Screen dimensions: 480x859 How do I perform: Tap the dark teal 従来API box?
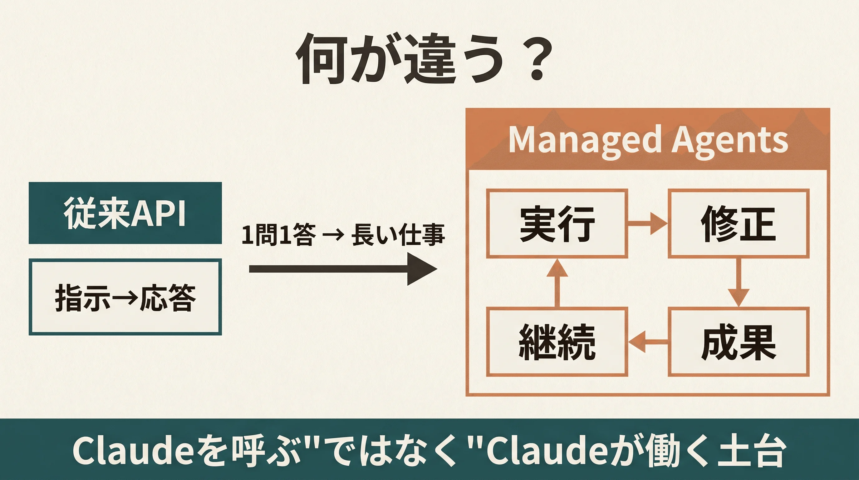coord(125,212)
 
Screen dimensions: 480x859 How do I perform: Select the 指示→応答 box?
coord(125,297)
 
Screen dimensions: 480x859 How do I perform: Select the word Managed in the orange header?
coord(584,140)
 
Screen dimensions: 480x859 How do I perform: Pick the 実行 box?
coord(557,223)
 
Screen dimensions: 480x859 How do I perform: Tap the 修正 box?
coord(738,223)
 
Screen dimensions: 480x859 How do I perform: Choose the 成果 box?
coord(738,342)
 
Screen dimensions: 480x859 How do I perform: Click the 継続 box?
coord(557,342)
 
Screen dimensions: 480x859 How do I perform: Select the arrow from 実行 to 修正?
coord(647,223)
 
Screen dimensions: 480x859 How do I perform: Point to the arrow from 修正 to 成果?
coord(738,282)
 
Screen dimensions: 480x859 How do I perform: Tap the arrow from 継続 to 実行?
coord(557,282)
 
